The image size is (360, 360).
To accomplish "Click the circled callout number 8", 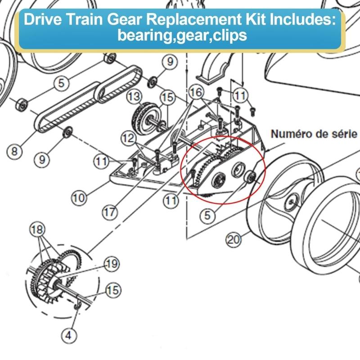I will [x=14, y=151].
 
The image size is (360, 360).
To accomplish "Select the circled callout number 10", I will [x=79, y=197].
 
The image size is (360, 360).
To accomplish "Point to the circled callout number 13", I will [x=134, y=96].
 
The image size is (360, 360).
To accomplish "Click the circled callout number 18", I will [x=37, y=229].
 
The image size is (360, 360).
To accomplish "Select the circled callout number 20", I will [x=234, y=240].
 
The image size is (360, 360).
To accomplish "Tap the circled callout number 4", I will [x=68, y=335].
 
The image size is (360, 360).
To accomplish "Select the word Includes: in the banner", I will [x=297, y=20].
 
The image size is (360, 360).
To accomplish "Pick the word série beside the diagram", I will [x=346, y=134].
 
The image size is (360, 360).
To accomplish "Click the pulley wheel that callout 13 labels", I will [x=144, y=117].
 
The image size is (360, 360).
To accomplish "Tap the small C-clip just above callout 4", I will [x=77, y=308].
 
